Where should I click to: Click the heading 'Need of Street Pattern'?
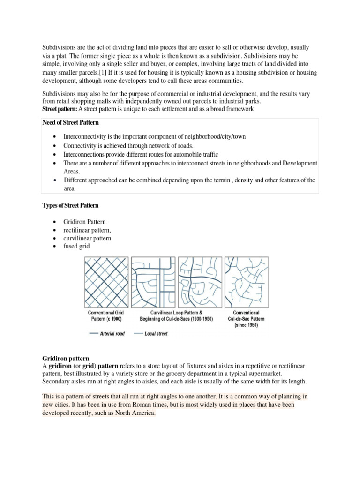70,123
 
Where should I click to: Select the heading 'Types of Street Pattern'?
70,205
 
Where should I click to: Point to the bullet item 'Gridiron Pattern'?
84,221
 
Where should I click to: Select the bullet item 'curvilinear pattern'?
87,238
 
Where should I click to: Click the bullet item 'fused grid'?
76,247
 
